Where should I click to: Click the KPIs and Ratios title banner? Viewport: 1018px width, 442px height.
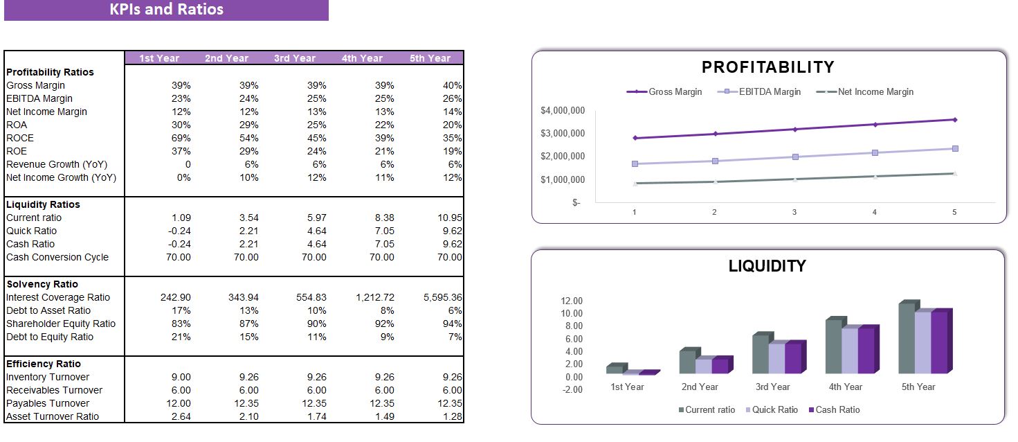point(166,10)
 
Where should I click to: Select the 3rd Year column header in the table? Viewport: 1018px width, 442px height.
point(294,58)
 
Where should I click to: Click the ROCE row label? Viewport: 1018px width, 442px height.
point(20,138)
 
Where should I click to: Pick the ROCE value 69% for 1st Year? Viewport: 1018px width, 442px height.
point(181,138)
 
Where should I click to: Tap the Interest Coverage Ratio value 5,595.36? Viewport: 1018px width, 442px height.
point(442,297)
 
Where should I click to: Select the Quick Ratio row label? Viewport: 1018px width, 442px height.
point(31,231)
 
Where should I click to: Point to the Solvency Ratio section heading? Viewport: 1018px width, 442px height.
point(42,284)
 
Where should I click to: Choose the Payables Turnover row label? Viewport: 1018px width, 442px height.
point(47,403)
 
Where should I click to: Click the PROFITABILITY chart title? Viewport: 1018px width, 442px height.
point(767,67)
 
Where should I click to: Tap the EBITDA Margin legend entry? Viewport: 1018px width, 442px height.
point(764,91)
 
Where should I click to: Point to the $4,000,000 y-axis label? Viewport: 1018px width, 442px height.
point(562,111)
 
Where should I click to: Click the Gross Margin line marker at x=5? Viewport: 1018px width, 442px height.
point(954,120)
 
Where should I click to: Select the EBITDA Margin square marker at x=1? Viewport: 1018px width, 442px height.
point(635,163)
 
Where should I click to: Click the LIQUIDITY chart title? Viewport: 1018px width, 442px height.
point(767,266)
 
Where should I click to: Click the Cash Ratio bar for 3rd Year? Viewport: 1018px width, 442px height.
point(792,358)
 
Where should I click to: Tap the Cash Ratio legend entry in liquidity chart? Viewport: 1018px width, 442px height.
point(837,409)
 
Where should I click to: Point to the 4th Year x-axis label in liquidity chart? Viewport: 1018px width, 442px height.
point(845,387)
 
